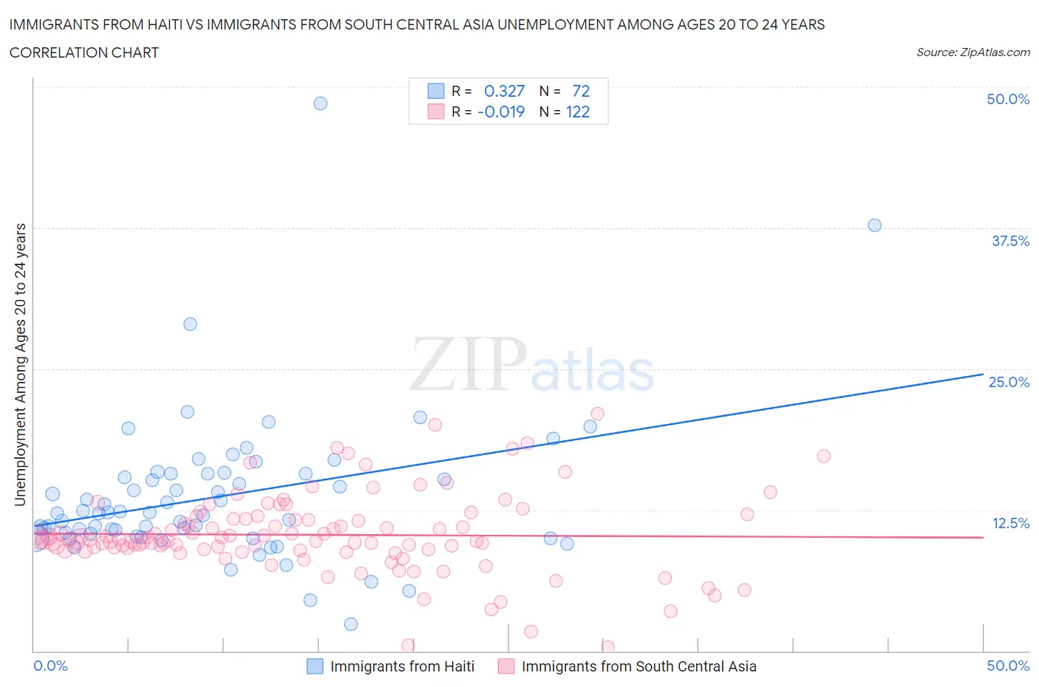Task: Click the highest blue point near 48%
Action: (x=320, y=103)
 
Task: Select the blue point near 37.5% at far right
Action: (x=874, y=225)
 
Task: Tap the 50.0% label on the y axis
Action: (x=1008, y=99)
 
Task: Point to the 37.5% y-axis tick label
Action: (x=1010, y=241)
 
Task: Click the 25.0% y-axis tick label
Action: (x=1009, y=382)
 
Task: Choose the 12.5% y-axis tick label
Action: (x=1010, y=523)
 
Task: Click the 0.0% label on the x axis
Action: (x=51, y=666)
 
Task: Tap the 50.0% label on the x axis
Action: (x=1008, y=666)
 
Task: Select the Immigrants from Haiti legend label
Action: (x=402, y=666)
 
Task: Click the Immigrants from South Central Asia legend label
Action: (x=638, y=666)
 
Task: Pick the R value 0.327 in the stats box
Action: (x=504, y=91)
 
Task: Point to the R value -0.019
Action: (x=501, y=112)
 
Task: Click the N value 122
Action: (x=578, y=112)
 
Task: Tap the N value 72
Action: (x=581, y=91)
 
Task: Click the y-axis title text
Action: (x=20, y=364)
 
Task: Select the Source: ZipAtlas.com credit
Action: (x=972, y=52)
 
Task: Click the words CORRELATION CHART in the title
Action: (x=84, y=52)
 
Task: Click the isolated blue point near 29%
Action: (x=190, y=324)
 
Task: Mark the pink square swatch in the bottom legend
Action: (x=506, y=666)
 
